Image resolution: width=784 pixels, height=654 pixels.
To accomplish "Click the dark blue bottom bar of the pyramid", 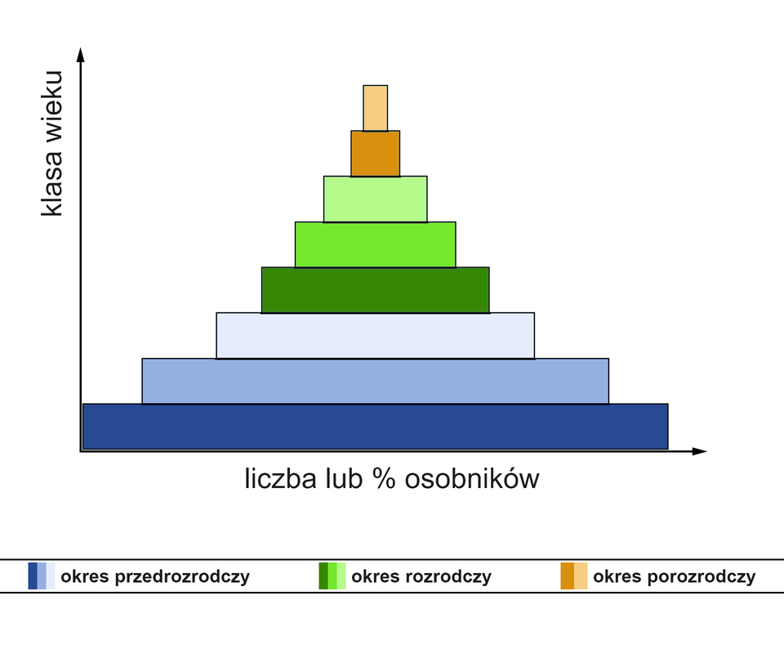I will click(376, 426).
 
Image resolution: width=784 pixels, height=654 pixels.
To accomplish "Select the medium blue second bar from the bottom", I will click(376, 381).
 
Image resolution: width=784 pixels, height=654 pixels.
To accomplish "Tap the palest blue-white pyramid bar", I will click(376, 335).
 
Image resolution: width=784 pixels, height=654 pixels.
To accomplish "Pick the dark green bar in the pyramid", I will click(376, 290).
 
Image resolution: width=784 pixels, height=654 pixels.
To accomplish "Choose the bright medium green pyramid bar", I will click(376, 244).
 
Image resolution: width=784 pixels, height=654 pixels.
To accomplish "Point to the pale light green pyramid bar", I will click(376, 199).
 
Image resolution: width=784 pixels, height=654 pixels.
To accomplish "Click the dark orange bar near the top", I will click(376, 154).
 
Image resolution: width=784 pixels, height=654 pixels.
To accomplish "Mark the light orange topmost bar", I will click(376, 108).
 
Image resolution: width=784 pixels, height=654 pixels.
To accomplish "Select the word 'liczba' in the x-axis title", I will click(278, 478).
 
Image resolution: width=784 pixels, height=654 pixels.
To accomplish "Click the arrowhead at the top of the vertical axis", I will click(80, 54).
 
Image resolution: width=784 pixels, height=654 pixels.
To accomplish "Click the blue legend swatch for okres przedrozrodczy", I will click(42, 576).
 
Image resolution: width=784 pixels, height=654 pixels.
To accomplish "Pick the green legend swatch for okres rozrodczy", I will click(332, 576).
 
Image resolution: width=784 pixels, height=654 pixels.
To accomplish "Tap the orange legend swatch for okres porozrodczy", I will click(574, 576).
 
